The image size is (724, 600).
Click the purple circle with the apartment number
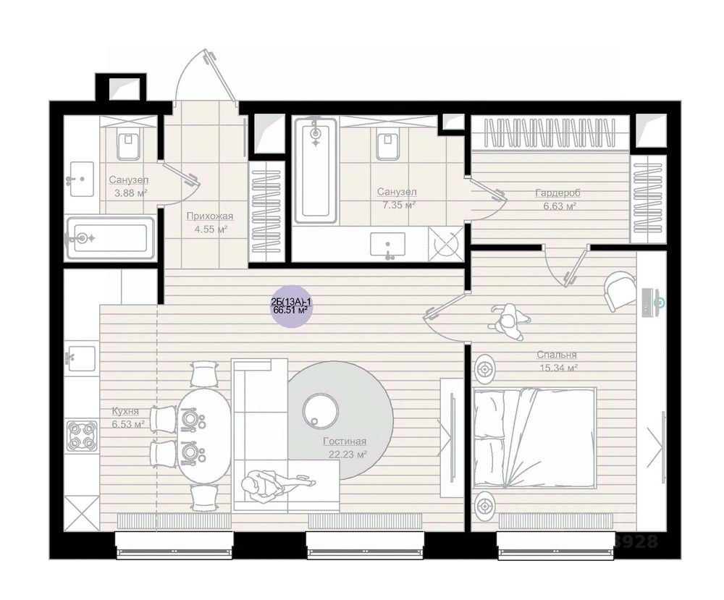pyautogui.click(x=291, y=306)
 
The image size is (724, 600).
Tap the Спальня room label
pyautogui.click(x=556, y=355)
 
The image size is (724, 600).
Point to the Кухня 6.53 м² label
pyautogui.click(x=128, y=417)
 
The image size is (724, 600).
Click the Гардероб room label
pyautogui.click(x=557, y=193)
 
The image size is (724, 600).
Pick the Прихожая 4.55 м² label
pyautogui.click(x=210, y=222)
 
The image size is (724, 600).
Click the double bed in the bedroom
pyautogui.click(x=535, y=438)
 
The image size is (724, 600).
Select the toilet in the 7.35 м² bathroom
pyautogui.click(x=387, y=145)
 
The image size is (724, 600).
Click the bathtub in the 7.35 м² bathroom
pyautogui.click(x=316, y=170)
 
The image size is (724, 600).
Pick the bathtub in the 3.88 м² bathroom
pyautogui.click(x=110, y=238)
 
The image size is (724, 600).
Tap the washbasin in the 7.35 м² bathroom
pyautogui.click(x=388, y=245)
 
